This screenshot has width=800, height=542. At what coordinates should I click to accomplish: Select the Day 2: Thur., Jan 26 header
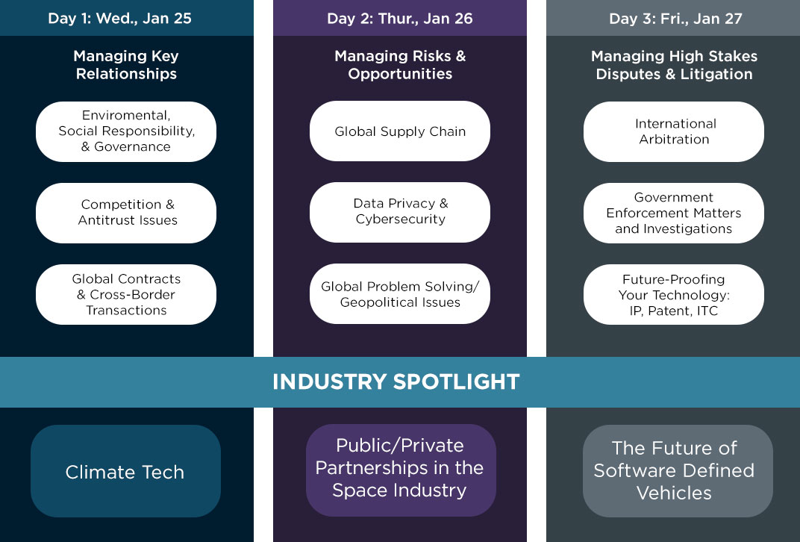tap(400, 19)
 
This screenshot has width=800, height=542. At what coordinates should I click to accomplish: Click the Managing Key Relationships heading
tap(126, 65)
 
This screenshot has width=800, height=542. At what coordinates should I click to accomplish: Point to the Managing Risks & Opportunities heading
tap(400, 65)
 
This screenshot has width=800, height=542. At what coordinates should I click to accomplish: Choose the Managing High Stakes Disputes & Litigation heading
tap(674, 65)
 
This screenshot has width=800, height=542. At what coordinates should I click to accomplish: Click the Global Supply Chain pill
tap(400, 131)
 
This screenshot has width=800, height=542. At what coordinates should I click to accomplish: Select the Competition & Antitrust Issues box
tap(126, 213)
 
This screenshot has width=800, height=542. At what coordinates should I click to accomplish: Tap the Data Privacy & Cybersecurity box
tap(400, 212)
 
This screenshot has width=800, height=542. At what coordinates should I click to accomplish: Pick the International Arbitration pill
tap(674, 131)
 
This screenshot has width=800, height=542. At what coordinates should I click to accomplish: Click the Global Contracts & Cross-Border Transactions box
tap(126, 294)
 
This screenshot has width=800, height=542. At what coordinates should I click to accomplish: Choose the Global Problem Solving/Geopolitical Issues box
tap(400, 294)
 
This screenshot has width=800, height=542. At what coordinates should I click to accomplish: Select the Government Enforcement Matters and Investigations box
tap(674, 213)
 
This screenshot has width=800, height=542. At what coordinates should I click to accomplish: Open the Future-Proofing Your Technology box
tap(674, 294)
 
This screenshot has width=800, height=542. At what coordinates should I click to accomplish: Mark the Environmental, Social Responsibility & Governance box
tap(126, 131)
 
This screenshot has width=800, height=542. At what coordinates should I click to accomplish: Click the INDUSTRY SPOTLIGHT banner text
tap(396, 381)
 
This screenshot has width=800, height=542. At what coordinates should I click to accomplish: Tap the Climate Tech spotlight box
tap(125, 471)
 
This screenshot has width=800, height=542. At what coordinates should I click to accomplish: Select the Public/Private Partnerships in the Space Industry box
tap(401, 470)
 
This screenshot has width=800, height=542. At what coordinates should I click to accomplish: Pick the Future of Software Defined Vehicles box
tap(678, 471)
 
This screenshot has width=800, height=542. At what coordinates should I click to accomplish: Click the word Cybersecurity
tap(401, 219)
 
